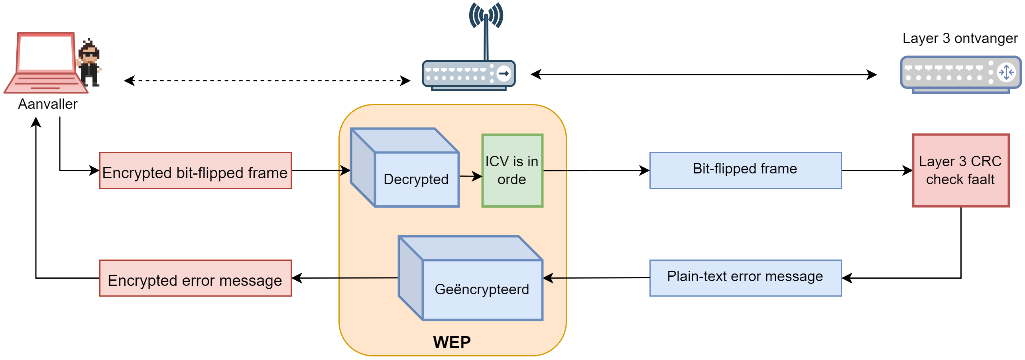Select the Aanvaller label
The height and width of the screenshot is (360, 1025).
[x=48, y=104]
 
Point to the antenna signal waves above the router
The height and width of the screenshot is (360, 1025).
[x=486, y=15]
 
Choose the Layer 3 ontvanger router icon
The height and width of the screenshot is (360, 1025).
[x=960, y=75]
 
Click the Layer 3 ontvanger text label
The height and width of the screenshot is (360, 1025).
[x=960, y=38]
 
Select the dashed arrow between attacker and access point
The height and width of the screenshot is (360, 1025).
[x=267, y=81]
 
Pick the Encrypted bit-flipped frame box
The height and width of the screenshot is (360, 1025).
[x=195, y=171]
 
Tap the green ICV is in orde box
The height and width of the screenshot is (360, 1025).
[x=512, y=171]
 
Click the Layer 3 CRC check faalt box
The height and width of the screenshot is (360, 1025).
[x=960, y=171]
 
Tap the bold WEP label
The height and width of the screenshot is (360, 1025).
[x=452, y=342]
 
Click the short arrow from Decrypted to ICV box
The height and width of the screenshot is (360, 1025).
[x=470, y=176]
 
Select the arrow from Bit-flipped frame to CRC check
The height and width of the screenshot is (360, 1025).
[x=877, y=171]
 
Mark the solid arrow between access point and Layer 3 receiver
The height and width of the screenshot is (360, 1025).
[x=704, y=75]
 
